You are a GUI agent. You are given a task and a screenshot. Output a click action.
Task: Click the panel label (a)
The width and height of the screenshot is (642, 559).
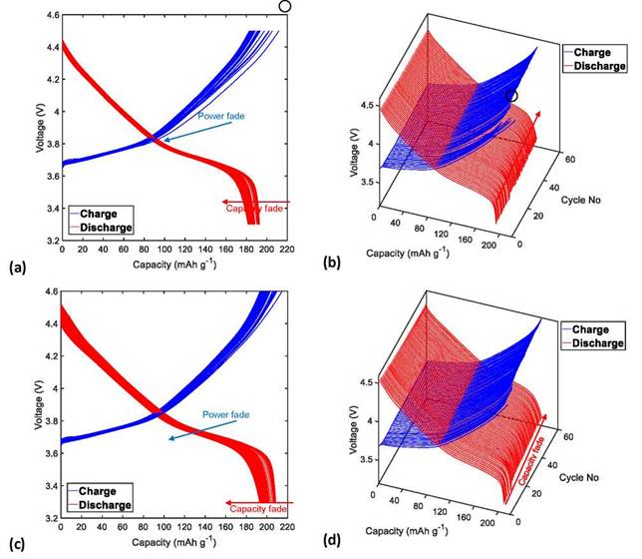[17, 268]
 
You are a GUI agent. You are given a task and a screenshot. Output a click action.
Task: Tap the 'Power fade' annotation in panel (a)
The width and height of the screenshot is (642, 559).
[219, 117]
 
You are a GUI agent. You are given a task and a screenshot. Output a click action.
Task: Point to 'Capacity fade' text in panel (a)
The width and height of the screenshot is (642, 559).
[249, 208]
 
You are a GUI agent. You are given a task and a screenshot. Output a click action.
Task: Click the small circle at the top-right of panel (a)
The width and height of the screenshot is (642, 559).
[285, 6]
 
